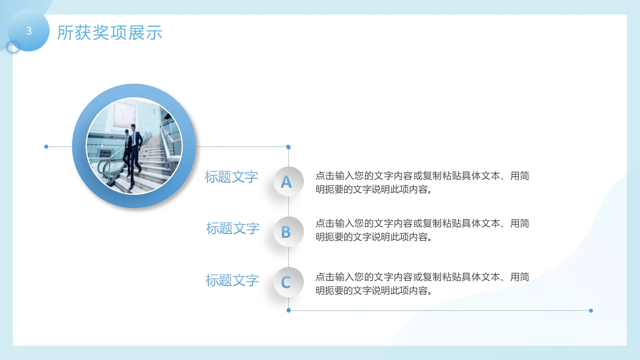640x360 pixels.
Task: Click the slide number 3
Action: [29, 31]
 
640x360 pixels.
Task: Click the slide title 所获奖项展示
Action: [110, 33]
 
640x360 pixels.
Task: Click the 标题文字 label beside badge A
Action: [231, 177]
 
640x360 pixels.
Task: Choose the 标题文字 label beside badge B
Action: [232, 228]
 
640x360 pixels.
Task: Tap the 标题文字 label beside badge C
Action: [232, 280]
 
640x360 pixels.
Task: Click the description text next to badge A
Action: [422, 182]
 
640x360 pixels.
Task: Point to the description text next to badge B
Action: [422, 230]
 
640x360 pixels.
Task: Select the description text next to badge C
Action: [422, 284]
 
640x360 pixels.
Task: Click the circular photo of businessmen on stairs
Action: [134, 146]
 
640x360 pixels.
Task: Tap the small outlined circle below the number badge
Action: [13, 47]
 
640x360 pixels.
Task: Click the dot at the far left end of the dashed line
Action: [46, 147]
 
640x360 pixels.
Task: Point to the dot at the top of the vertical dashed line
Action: [288, 147]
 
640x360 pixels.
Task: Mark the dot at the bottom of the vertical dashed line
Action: [288, 310]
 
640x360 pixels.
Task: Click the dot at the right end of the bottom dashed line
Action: [591, 310]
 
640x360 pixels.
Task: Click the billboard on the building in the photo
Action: [124, 115]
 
